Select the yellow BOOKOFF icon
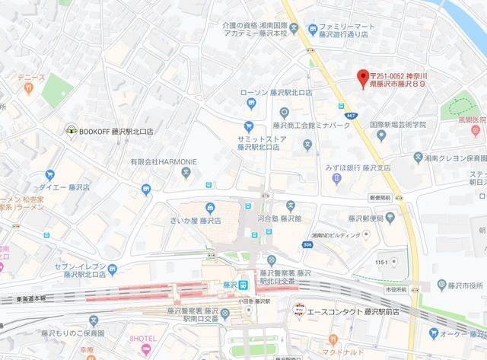point(70,130)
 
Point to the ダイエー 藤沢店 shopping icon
point(49,175)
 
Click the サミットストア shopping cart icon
point(248,126)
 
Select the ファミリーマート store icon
point(313,30)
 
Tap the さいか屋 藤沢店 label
point(195,221)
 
